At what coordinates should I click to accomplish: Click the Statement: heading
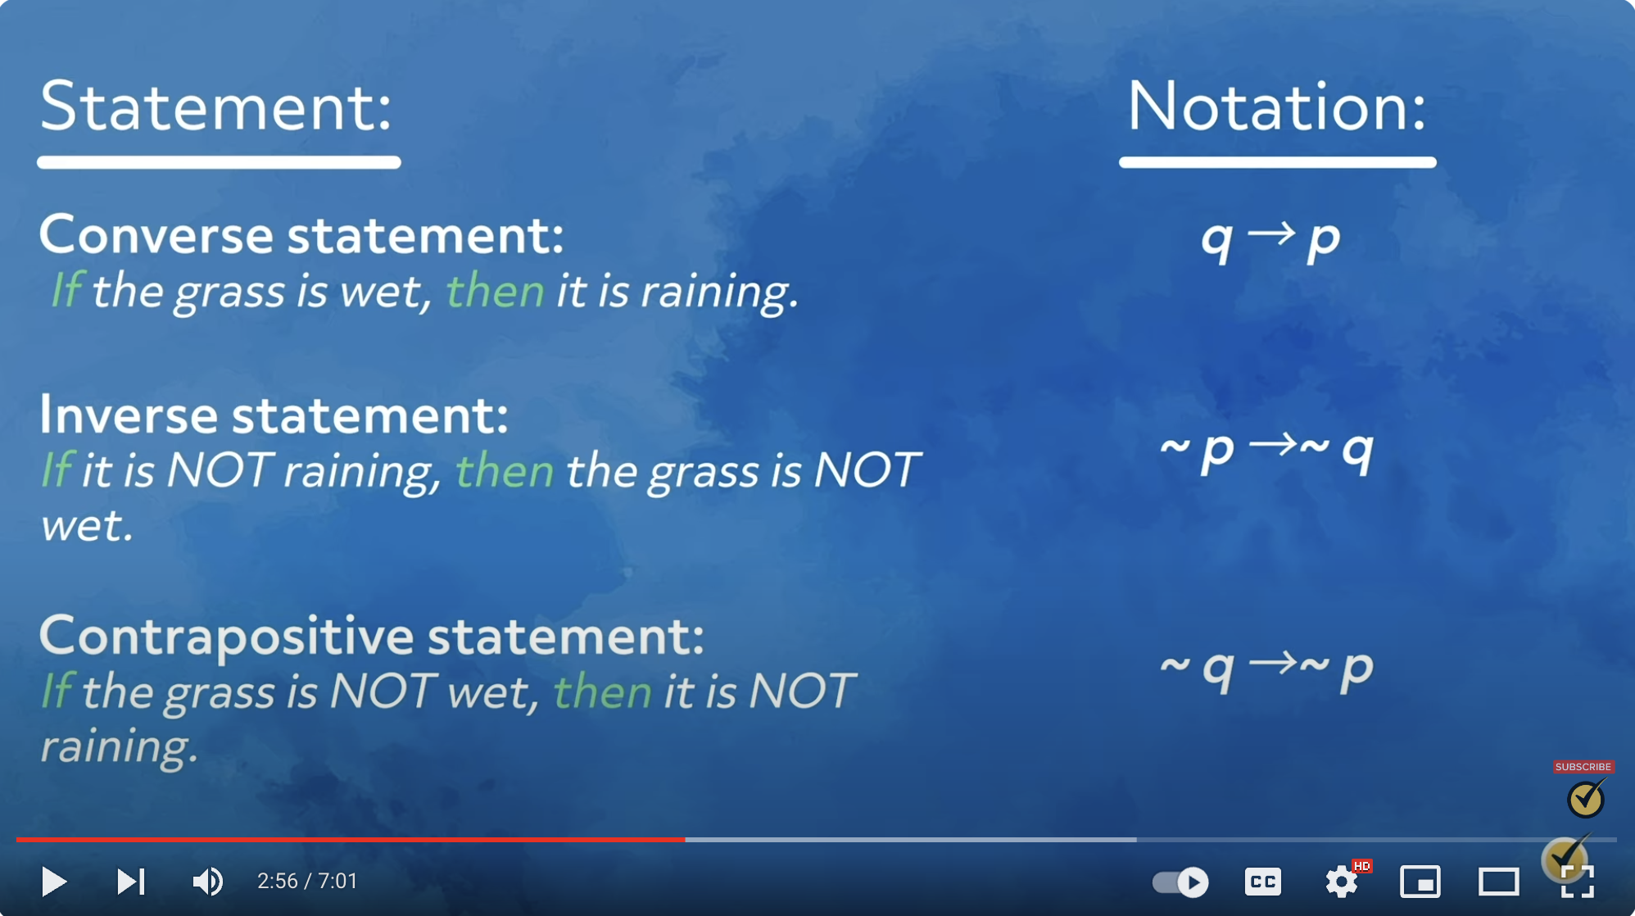216,107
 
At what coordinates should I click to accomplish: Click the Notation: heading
1277,107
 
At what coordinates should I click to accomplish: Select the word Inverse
129,415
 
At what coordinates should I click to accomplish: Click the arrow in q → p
1271,234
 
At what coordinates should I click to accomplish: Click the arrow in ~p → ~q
1275,445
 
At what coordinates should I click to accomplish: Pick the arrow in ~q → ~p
1275,662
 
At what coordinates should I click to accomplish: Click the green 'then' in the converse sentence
495,291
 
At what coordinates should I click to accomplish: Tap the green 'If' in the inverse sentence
57,470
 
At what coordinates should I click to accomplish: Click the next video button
131,882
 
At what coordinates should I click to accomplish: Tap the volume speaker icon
207,882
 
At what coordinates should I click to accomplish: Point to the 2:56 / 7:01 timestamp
307,882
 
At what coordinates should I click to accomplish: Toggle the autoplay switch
1180,882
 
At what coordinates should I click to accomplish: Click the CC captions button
1262,882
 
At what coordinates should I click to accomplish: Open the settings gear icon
1341,882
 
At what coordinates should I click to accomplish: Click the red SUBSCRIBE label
1583,767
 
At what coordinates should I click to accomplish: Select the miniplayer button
1420,882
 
